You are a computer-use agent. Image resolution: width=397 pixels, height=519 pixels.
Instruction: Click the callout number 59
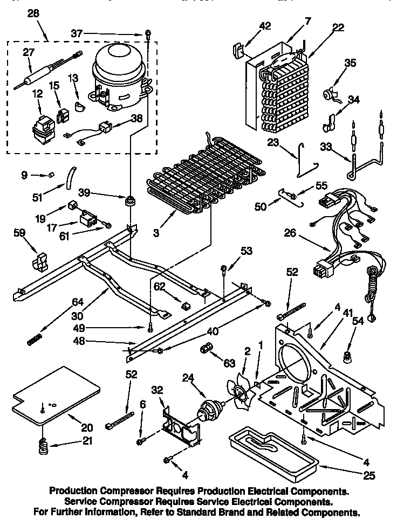point(19,233)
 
